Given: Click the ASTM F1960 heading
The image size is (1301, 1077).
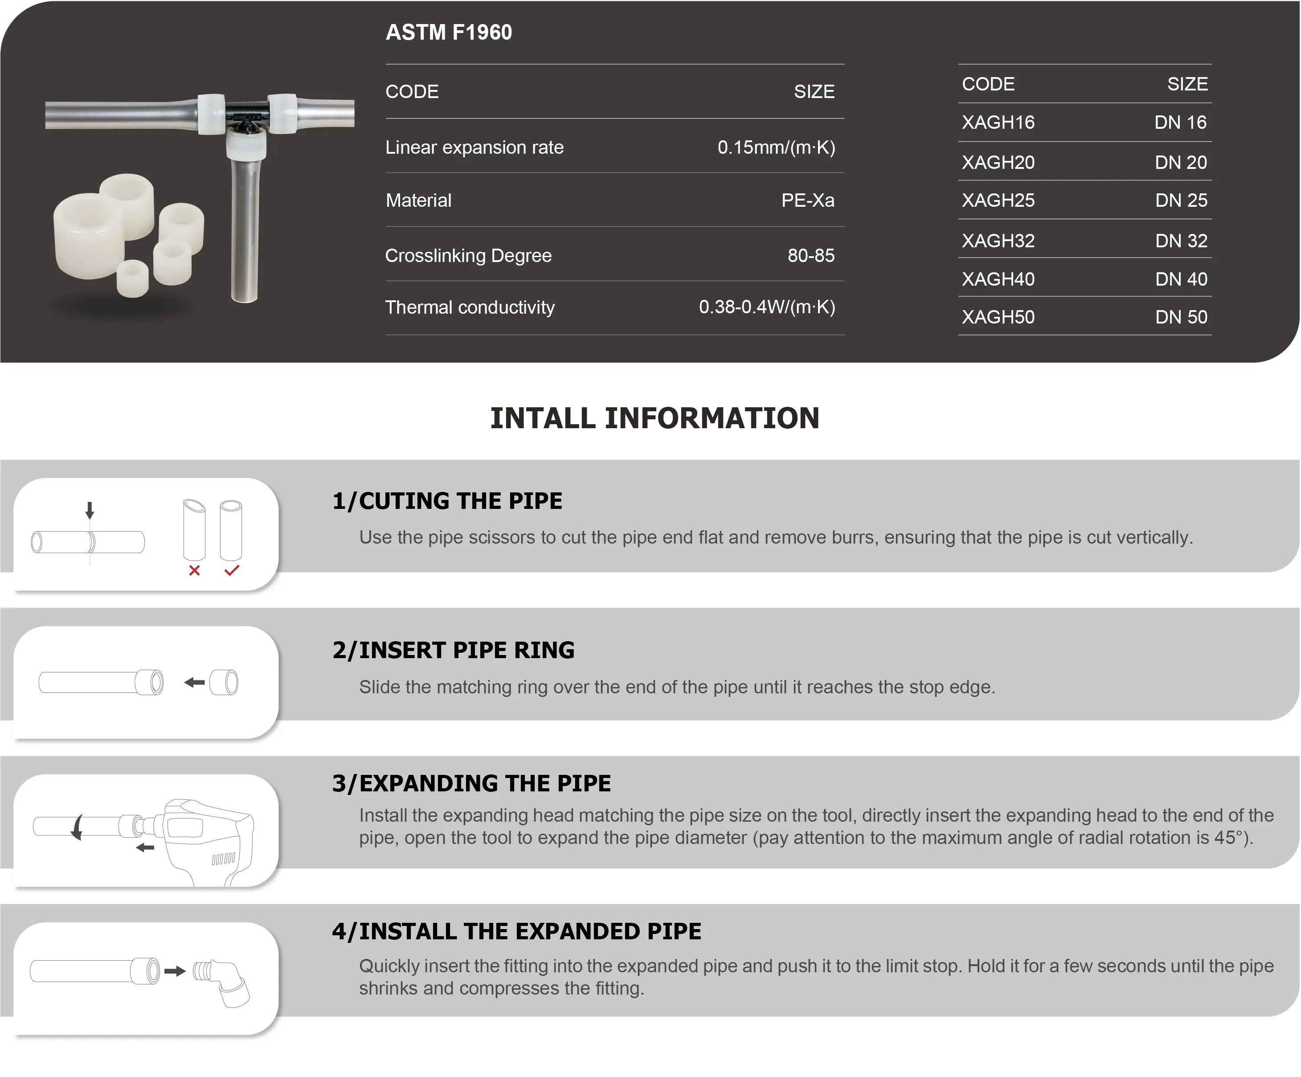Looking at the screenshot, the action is coord(449,32).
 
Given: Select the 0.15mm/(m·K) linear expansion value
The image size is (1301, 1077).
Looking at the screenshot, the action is coord(776,147).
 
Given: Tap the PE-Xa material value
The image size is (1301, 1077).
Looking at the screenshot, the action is coord(808,200).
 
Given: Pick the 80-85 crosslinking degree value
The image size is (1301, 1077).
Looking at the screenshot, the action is coord(811,255).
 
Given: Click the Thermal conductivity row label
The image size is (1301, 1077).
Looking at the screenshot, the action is coord(470,307).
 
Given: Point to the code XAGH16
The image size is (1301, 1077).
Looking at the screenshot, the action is coord(998,122).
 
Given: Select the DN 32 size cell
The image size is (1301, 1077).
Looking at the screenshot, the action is coord(1181,241).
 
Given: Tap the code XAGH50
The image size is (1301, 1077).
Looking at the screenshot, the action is coord(998,317).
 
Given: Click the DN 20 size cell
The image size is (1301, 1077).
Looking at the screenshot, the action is coord(1181,162).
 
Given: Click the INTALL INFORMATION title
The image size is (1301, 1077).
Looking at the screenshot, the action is coord(655,418).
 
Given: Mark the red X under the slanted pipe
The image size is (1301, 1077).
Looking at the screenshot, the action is coord(195,570).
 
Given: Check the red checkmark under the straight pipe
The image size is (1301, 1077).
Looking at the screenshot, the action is coord(232,570).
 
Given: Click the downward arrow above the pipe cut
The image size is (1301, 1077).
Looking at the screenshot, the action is coord(90,510).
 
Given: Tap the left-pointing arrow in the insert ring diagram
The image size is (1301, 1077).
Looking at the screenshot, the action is coord(195,682).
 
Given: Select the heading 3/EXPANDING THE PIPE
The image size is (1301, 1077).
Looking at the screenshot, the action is coord(471,783).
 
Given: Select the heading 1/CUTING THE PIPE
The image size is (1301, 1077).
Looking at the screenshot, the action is coord(447,501).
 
